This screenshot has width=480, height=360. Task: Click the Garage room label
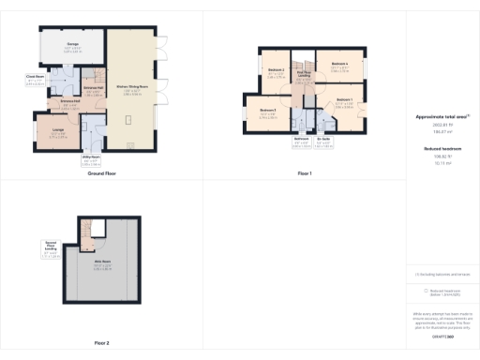coord(73,42)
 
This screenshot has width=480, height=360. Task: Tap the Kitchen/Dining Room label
coord(130,89)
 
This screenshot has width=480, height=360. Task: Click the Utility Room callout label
coord(90,157)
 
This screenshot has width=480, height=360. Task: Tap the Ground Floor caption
coord(101,174)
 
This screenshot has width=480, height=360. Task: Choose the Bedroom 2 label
coord(275,70)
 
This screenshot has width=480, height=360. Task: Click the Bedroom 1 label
coord(344,99)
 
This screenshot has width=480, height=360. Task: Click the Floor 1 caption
coord(304,174)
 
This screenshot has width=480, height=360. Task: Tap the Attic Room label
coord(102,262)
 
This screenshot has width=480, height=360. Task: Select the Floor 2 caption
coord(101,343)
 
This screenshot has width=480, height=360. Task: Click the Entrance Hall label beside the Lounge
coord(70,100)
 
